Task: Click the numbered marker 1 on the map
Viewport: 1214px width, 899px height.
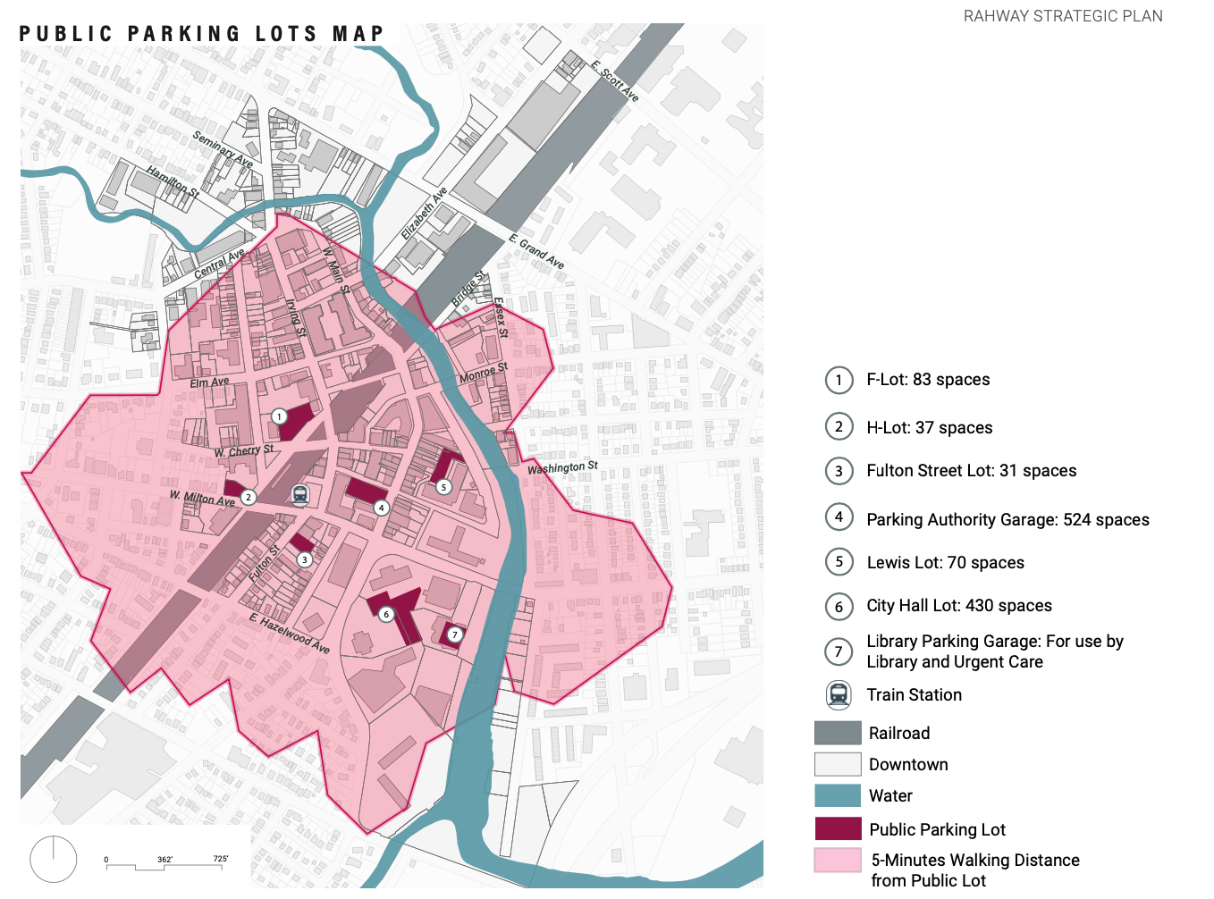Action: (x=279, y=416)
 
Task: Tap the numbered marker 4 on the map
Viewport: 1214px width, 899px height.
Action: (x=382, y=508)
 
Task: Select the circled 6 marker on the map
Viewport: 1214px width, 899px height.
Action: (x=386, y=614)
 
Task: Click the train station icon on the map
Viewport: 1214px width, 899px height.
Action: (x=300, y=494)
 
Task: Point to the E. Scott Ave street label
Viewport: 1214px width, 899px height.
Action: (x=615, y=81)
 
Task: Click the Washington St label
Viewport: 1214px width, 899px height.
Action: (x=562, y=467)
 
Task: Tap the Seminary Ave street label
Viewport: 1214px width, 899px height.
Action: (x=223, y=149)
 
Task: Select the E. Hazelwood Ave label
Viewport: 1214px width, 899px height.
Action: (x=290, y=634)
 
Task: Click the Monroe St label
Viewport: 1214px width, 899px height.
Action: (x=483, y=374)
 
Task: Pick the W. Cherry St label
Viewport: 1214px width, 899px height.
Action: (x=244, y=451)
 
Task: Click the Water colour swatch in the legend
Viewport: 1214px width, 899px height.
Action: (x=838, y=795)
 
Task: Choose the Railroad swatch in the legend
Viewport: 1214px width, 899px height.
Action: (x=838, y=733)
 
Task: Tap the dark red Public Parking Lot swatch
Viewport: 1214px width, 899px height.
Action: (x=838, y=828)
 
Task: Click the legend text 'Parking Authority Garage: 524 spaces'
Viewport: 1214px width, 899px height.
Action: (x=1007, y=520)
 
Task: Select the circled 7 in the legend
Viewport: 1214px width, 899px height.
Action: (x=839, y=651)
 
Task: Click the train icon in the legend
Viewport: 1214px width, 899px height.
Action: (x=839, y=694)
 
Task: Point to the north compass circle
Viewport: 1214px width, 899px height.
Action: (x=54, y=859)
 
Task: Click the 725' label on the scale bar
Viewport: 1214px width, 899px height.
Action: (x=221, y=859)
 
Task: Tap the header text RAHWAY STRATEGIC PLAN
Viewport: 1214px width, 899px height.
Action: (x=1063, y=16)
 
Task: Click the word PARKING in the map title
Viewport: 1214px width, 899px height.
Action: (x=183, y=34)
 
